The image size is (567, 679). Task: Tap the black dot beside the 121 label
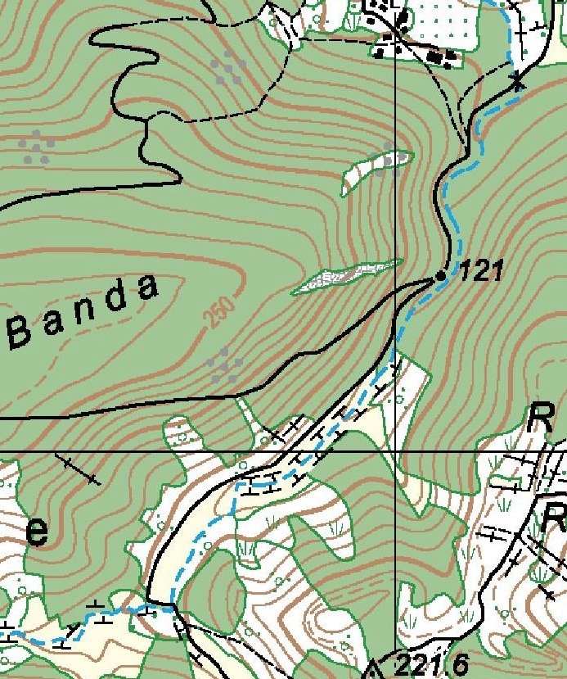coord(441,276)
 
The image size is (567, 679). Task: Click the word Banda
coord(83,312)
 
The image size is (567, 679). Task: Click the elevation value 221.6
coord(426,664)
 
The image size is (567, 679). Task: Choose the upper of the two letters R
coord(541,419)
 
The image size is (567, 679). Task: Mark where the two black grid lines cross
coord(395,451)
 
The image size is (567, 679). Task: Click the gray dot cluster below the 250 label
coord(223,364)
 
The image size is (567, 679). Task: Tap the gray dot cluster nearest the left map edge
coord(37,146)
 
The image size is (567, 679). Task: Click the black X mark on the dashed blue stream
coord(517,80)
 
